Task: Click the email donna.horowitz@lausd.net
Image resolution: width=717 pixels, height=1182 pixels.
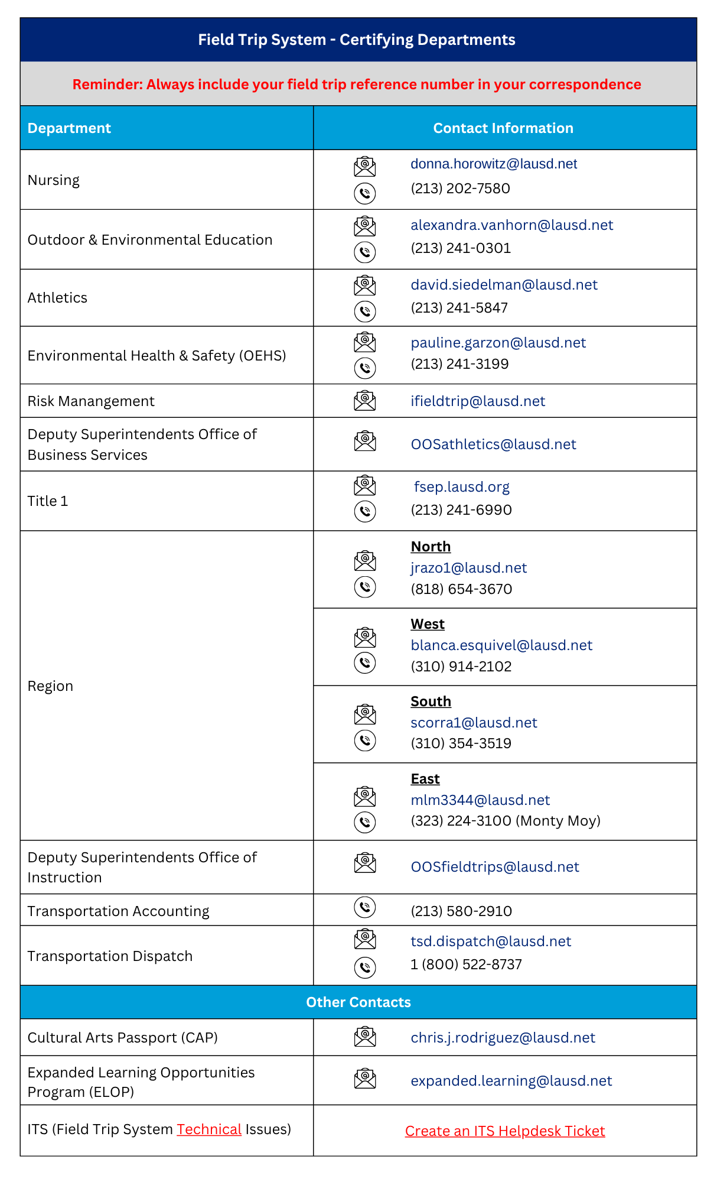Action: [494, 164]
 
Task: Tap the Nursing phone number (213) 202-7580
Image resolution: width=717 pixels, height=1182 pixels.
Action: [460, 189]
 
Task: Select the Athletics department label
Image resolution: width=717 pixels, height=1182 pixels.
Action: [57, 298]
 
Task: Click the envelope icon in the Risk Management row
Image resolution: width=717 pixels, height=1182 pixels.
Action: [365, 401]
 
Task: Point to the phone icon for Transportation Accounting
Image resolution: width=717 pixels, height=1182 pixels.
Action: [365, 907]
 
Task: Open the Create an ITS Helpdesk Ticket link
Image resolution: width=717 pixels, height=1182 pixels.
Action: [505, 1131]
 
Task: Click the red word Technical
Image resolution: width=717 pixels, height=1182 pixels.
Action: [209, 1129]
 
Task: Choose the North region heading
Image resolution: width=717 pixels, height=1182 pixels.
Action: [431, 547]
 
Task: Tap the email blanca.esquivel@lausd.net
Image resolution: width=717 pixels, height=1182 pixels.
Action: [501, 645]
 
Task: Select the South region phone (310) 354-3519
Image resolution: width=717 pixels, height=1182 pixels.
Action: [461, 743]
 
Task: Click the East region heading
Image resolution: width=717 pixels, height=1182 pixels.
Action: [425, 779]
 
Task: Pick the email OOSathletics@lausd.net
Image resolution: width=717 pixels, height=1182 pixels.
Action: [493, 444]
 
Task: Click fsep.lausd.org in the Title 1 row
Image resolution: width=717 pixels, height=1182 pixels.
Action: [461, 487]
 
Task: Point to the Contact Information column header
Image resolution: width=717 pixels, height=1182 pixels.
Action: [503, 128]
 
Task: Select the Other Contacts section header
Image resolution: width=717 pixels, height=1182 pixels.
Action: [358, 1002]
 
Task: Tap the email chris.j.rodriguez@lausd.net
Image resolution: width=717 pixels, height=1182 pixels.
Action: [503, 1038]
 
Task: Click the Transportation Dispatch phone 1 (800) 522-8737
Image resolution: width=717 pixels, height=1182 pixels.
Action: [466, 965]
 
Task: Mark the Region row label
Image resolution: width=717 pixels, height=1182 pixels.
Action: [50, 686]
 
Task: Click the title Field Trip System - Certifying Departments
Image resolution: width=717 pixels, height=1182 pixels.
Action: [357, 40]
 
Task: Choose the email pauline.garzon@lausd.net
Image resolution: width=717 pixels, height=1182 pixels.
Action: [498, 343]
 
